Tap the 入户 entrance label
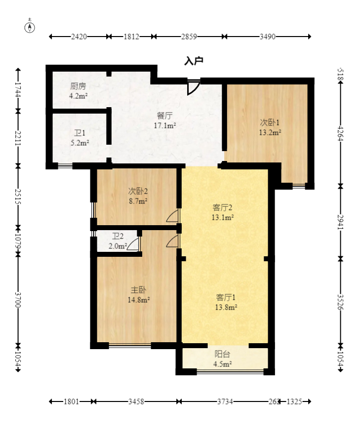click(194, 61)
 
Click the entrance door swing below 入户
click(194, 87)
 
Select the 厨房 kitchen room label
click(78, 86)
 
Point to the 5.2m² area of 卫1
click(80, 143)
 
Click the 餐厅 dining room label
click(165, 116)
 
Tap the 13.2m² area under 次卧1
click(270, 132)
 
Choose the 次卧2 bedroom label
click(138, 192)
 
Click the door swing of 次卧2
click(172, 215)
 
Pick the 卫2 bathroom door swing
click(133, 244)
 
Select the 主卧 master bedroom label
click(138, 290)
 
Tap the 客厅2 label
click(223, 207)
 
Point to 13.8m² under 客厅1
click(226, 307)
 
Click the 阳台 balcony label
click(222, 354)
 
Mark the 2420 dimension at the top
click(79, 37)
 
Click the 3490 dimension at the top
click(267, 37)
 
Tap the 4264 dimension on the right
click(340, 133)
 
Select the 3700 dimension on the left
click(18, 300)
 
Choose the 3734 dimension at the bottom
click(225, 401)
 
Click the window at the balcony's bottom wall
click(230, 372)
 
